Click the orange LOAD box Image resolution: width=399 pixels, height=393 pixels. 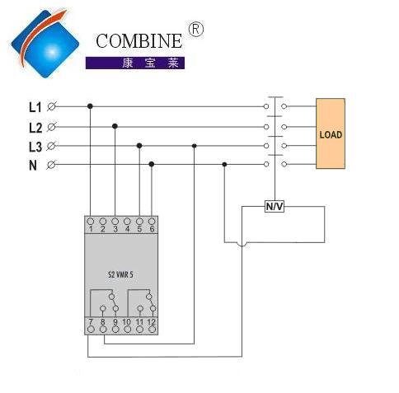point(331,133)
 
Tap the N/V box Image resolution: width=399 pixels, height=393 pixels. point(275,206)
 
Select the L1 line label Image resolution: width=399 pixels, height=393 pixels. point(35,107)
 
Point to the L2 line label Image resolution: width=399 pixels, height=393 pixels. point(35,128)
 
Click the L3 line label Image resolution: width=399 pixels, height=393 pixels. point(35,147)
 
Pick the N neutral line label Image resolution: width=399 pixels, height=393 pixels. point(33,166)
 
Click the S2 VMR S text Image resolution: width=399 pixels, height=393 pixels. point(120,274)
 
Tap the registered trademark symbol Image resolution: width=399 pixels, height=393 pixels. point(196,30)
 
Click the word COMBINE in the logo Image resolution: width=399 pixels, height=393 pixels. point(138,41)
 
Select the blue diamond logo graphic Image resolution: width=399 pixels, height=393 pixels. point(45,44)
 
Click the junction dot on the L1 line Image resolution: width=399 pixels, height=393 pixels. point(90,106)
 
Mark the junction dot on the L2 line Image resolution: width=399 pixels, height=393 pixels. point(115,126)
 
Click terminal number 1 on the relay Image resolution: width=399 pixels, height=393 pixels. point(91,229)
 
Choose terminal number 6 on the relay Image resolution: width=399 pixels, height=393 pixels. point(152,229)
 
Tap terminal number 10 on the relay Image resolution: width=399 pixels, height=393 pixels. point(127,322)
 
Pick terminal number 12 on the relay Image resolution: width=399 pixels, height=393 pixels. point(152,322)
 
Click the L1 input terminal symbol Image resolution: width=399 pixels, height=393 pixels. point(51,106)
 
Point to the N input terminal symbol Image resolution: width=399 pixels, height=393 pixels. point(51,165)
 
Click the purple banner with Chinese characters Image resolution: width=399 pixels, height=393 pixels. point(135,63)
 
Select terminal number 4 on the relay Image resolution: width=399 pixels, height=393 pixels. point(127,229)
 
